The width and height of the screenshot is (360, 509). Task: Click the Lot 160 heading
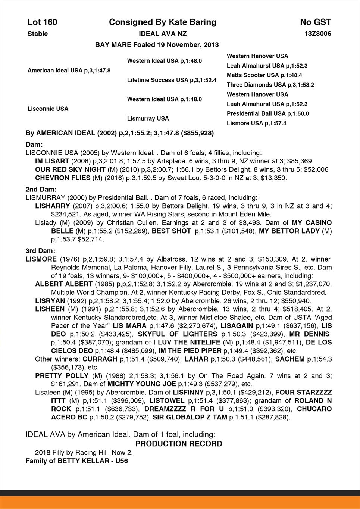pyautogui.click(x=42, y=22)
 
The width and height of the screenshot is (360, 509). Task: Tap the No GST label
pyautogui.click(x=315, y=22)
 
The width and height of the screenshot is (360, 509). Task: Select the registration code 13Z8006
pyautogui.click(x=317, y=34)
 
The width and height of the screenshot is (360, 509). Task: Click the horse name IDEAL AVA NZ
pyautogui.click(x=163, y=34)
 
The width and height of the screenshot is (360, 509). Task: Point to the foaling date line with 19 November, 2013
pyautogui.click(x=157, y=45)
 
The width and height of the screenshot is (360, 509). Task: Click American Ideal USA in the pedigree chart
pyautogui.click(x=69, y=70)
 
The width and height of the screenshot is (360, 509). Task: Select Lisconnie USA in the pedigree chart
pyautogui.click(x=48, y=109)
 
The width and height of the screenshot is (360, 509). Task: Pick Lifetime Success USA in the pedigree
pyautogui.click(x=172, y=80)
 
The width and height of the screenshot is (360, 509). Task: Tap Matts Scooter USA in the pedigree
pyautogui.click(x=264, y=75)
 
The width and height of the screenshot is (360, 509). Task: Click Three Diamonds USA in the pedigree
pyautogui.click(x=270, y=85)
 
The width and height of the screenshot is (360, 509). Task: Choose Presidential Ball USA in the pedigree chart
pyautogui.click(x=267, y=113)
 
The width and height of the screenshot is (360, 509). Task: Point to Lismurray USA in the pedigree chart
pyautogui.click(x=148, y=119)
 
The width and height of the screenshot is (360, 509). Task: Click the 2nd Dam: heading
pyautogui.click(x=41, y=189)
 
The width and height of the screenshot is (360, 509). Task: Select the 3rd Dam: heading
pyautogui.click(x=40, y=251)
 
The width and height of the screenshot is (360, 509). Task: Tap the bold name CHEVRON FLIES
pyautogui.click(x=62, y=178)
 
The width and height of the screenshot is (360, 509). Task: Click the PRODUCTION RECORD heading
pyautogui.click(x=179, y=444)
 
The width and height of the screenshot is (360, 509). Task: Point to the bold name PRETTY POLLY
pyautogui.click(x=62, y=376)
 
